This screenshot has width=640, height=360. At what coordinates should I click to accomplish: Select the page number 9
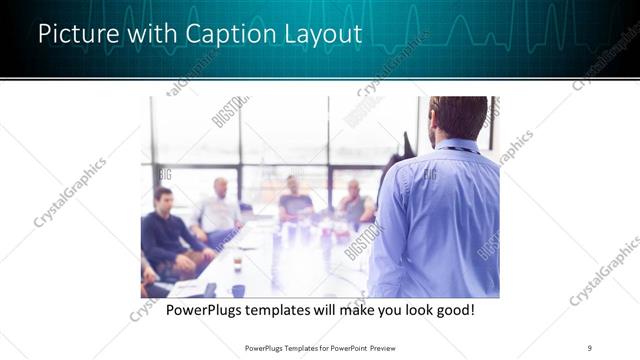pos(591,347)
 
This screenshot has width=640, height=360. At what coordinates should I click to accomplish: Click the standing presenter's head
pos(457,118)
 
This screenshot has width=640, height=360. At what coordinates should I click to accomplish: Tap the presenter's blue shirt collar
pos(455,146)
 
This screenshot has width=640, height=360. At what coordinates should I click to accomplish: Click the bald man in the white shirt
pos(219,210)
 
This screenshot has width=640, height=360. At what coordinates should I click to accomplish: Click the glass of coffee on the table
pos(237,262)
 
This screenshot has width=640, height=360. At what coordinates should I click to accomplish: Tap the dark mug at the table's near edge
pos(238,290)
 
